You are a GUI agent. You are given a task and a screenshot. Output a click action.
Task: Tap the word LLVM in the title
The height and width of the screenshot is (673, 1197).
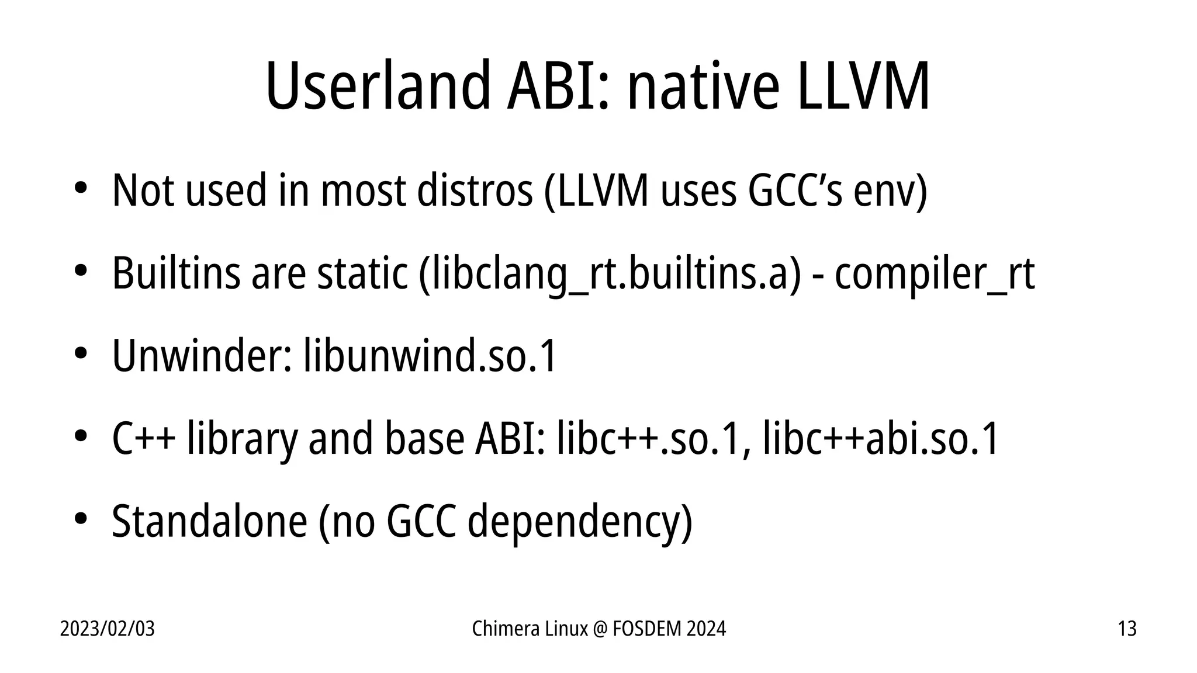[x=862, y=86]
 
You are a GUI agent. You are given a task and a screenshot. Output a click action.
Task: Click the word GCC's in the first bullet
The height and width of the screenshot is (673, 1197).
[x=795, y=190]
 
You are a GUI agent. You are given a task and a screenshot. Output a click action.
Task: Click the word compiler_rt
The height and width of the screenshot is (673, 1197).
[x=935, y=273]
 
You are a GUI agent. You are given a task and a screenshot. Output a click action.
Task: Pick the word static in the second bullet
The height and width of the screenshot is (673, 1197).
[x=362, y=273]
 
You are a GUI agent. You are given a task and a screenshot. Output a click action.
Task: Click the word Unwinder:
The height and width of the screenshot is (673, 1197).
[x=202, y=356]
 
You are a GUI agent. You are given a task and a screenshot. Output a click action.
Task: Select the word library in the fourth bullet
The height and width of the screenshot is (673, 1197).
[x=242, y=439]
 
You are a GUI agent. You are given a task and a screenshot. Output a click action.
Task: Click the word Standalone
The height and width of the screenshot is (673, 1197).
[x=209, y=521]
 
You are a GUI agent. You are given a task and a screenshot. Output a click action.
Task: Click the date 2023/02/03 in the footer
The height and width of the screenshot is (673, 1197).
[x=108, y=629]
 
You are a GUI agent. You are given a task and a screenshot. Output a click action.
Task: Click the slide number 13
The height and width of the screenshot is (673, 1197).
[x=1127, y=629]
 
